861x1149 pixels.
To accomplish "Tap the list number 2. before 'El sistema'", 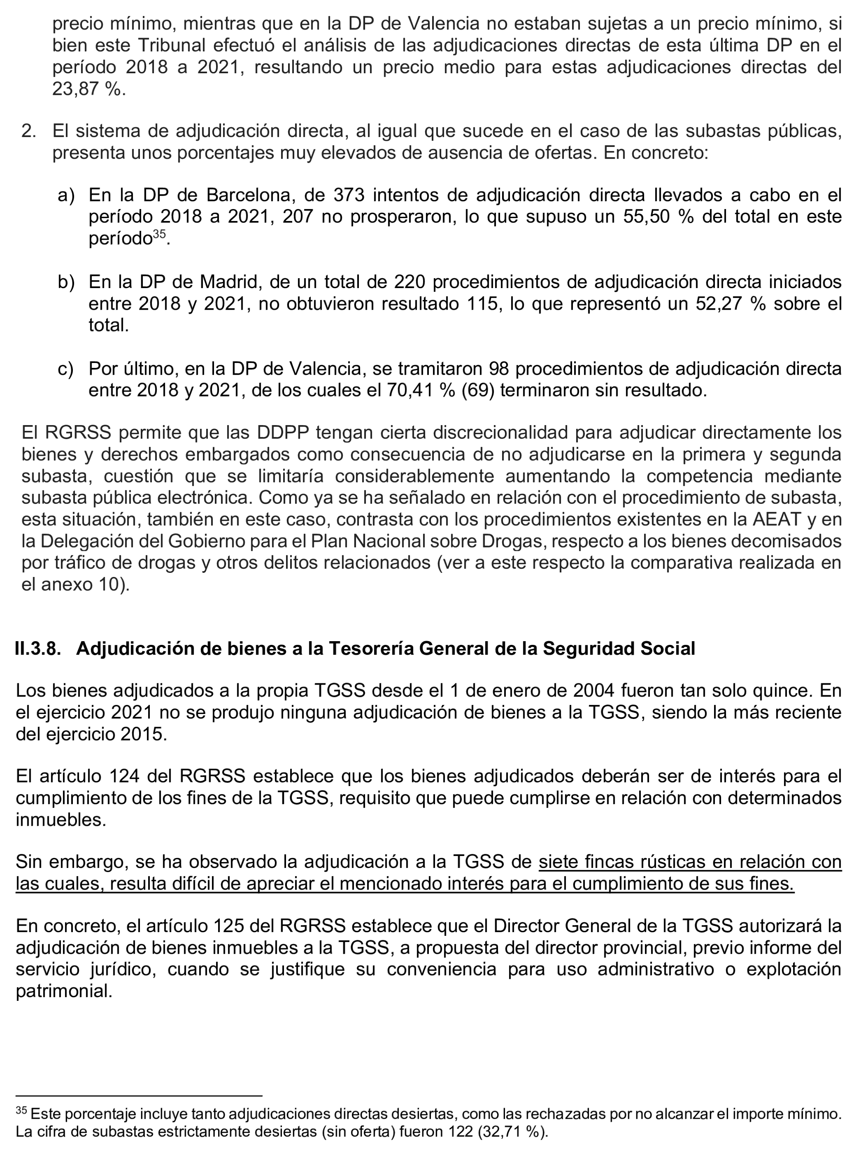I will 29,132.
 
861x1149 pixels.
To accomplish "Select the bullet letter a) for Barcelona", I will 66,195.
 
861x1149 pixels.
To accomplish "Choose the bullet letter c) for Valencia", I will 65,369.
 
